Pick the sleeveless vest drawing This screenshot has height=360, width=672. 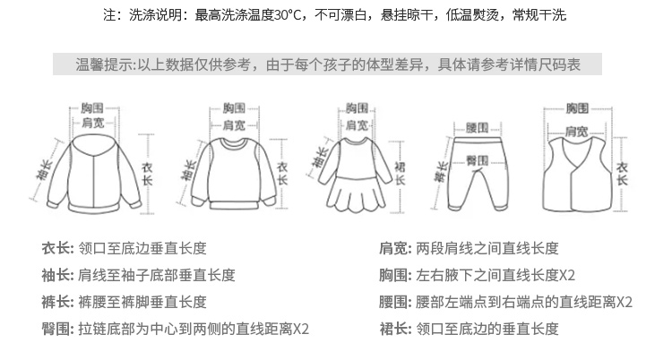576,170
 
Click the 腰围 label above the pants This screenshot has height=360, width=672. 477,126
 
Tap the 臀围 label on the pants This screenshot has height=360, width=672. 477,159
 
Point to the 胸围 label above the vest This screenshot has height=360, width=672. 577,108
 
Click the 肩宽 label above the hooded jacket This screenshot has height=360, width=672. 92,124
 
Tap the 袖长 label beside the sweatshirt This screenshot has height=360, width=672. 190,170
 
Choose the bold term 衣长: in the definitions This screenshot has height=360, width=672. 56,249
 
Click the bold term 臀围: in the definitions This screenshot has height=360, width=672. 56,329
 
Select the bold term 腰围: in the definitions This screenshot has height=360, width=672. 396,302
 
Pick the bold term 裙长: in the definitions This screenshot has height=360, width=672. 396,329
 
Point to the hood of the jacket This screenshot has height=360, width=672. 92,145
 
